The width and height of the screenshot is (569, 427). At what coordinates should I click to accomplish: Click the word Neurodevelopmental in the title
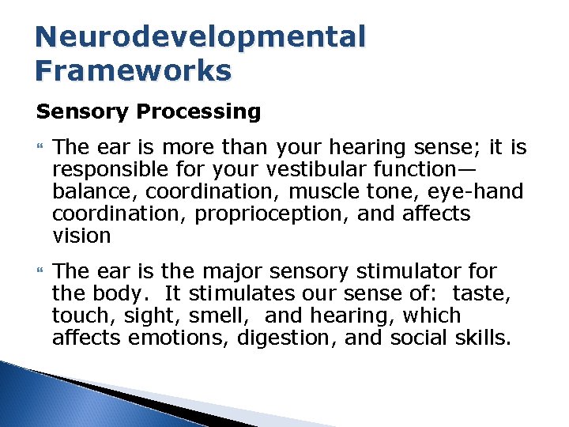click(x=202, y=37)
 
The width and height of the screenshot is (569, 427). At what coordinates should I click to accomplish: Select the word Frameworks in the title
click(x=134, y=71)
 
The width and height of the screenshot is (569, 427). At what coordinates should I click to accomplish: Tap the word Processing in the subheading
click(x=198, y=112)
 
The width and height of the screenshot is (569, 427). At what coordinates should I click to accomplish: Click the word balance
click(x=89, y=192)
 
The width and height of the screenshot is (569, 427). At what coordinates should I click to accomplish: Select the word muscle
click(x=313, y=192)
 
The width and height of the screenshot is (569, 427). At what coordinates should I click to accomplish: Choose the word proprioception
click(x=257, y=214)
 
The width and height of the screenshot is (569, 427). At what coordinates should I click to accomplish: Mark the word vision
click(x=81, y=236)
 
